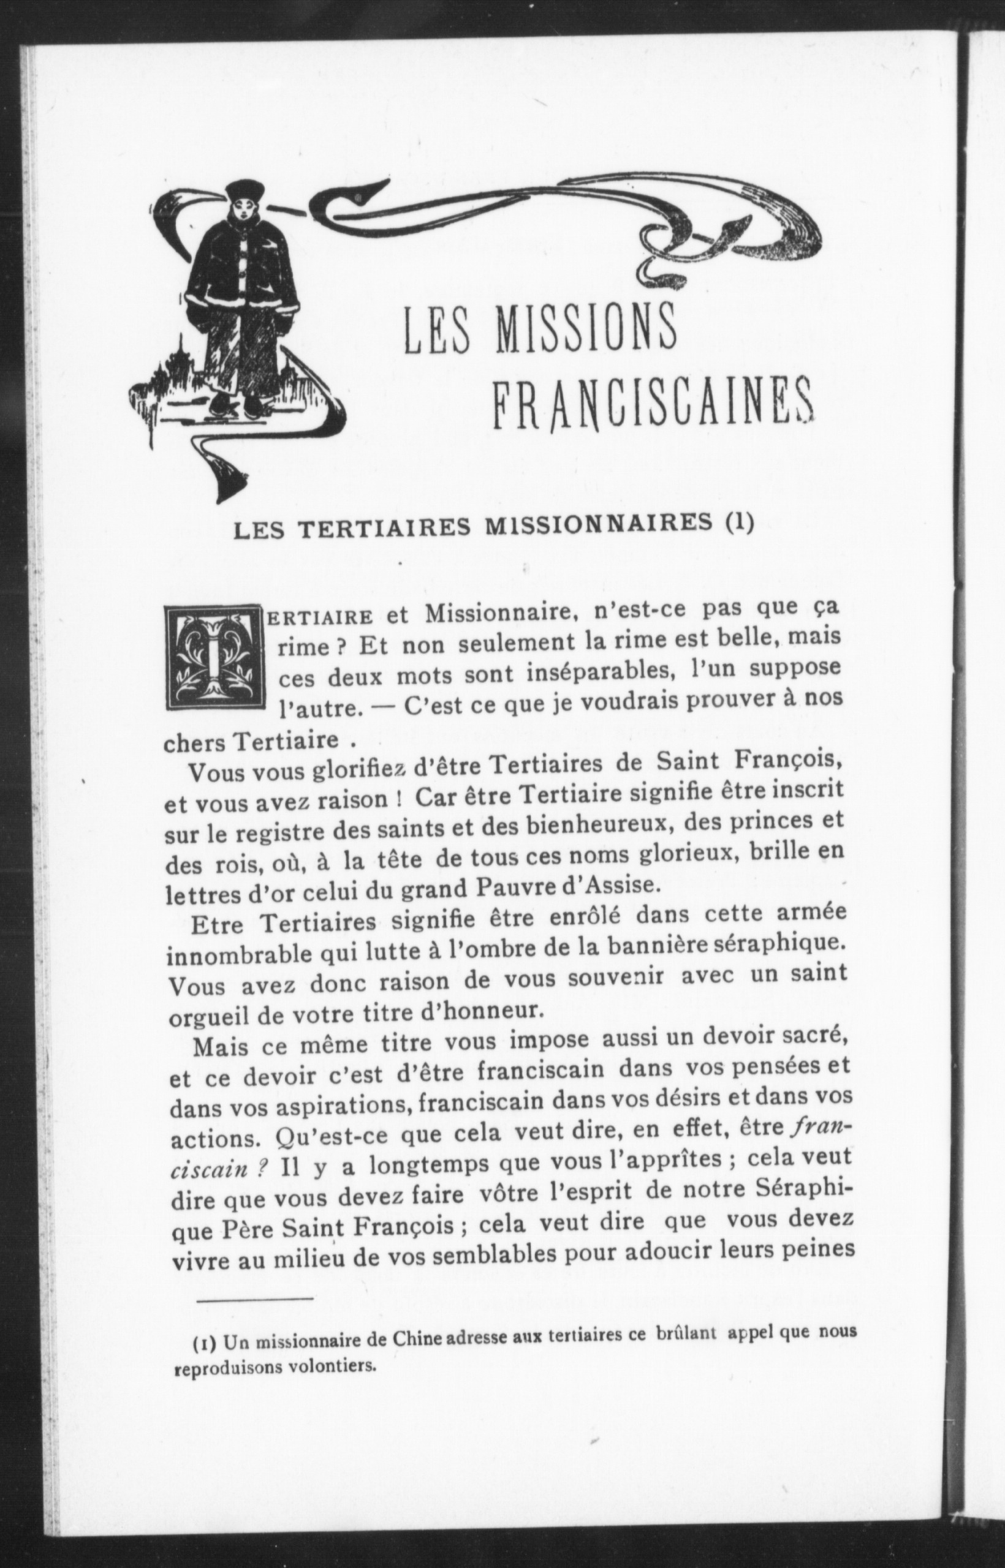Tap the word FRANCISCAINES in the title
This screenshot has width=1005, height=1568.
point(653,405)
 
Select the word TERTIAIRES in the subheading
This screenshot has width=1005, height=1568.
point(374,531)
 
